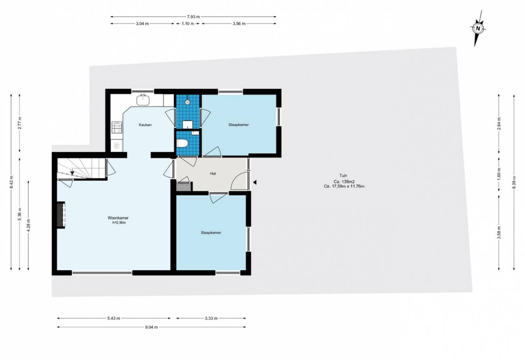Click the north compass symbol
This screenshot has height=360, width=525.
478,29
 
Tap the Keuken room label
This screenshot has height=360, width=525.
145,125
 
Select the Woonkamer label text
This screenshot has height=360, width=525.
118,218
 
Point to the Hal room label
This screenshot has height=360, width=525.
213,174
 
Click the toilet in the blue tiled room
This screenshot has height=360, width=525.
182,143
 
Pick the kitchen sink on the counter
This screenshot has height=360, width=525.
143,100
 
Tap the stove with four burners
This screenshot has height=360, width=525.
117,127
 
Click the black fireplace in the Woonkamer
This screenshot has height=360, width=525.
61,214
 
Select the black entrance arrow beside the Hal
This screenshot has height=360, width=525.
254,182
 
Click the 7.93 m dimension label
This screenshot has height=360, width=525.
193,17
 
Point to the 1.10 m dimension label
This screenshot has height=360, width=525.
188,24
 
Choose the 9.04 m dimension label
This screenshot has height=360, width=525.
151,327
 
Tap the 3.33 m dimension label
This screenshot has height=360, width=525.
211,318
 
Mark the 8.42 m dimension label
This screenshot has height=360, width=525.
11,182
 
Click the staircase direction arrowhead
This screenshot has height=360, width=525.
72,173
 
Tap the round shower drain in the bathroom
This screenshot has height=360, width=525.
187,102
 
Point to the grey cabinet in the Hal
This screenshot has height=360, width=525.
183,187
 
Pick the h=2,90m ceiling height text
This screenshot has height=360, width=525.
119,222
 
